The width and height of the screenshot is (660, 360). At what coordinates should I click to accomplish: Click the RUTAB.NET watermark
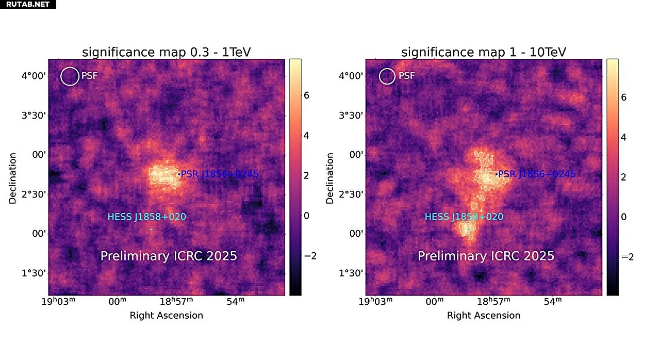coord(28,4)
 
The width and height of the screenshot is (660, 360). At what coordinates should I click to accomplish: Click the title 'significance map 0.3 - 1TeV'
coord(167,52)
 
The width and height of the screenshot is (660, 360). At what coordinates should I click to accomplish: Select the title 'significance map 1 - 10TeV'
coord(484,52)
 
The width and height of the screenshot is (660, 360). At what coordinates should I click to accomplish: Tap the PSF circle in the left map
coord(69,76)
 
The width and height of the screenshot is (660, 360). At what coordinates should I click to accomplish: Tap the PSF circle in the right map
coord(387,76)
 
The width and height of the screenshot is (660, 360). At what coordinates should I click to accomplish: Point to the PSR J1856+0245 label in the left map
coord(219,174)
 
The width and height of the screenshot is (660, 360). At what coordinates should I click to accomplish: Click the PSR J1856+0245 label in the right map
coord(536,174)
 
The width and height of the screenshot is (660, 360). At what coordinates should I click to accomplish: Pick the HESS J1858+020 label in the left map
coord(146,217)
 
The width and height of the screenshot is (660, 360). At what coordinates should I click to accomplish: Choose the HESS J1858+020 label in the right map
coord(464,217)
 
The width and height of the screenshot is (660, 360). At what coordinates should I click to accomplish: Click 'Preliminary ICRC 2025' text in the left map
coord(169,256)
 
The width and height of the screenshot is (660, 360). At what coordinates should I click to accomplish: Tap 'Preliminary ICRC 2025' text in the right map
coord(486,256)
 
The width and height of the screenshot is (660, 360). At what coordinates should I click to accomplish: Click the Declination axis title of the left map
coord(13,177)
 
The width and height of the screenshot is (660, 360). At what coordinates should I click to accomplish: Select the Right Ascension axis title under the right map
coord(484,315)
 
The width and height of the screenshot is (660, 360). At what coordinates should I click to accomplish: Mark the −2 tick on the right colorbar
coord(623,257)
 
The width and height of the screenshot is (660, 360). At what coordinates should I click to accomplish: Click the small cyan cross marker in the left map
coord(151,230)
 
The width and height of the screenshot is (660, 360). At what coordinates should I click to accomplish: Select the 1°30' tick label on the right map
coord(351,273)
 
